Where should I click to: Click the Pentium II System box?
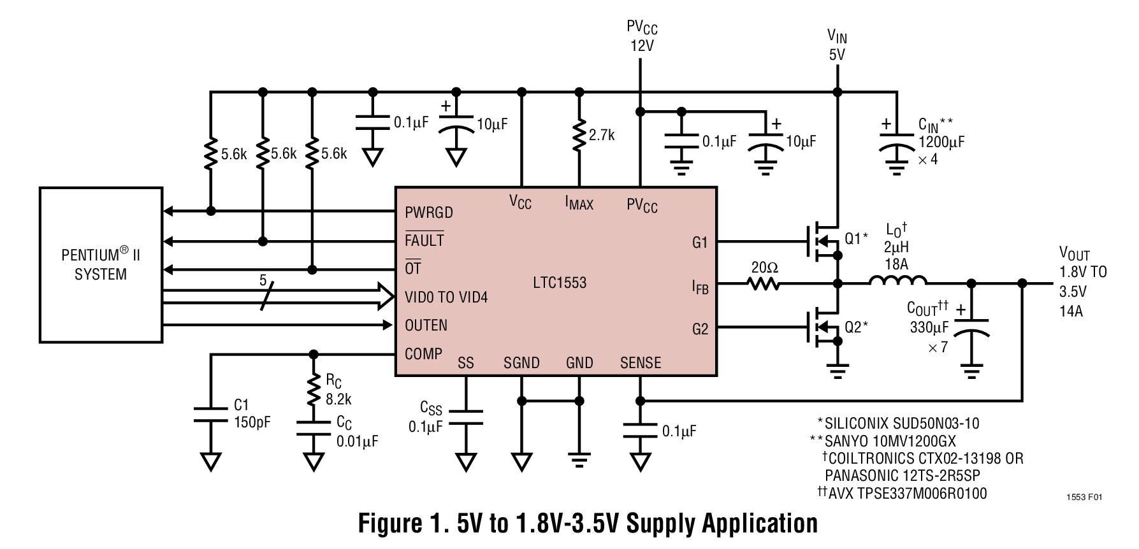coord(101,264)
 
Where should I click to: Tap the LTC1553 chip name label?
coord(560,282)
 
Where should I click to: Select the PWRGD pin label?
coord(429,212)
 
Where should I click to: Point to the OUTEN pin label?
coord(426,325)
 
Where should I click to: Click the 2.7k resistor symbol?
coord(579,135)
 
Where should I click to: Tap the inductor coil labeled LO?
coord(897,281)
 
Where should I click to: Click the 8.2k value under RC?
coord(338,399)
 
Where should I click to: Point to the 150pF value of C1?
coord(252,422)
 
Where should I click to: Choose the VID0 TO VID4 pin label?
coord(446,297)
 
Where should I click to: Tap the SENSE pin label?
coord(640,363)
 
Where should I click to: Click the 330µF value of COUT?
coord(929,328)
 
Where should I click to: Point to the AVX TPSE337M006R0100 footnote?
coord(907,493)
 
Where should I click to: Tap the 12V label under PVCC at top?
coord(641,46)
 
